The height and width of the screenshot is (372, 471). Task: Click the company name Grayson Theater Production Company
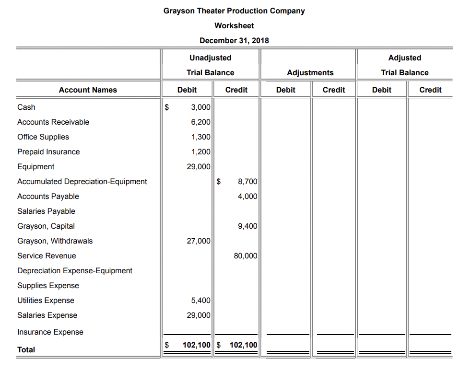click(x=234, y=11)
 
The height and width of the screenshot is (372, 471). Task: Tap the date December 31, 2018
click(x=234, y=40)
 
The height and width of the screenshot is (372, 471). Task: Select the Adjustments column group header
click(x=310, y=73)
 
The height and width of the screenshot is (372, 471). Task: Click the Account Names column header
click(x=88, y=90)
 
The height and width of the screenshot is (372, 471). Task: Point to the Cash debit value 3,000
click(x=200, y=107)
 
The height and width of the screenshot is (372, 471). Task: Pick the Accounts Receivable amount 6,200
click(x=200, y=122)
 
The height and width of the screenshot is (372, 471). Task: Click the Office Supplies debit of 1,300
click(x=200, y=137)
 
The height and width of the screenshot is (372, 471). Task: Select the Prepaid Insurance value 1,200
click(x=200, y=152)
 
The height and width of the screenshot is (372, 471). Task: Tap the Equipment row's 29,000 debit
click(x=199, y=167)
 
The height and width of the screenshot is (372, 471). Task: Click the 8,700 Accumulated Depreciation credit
click(x=247, y=182)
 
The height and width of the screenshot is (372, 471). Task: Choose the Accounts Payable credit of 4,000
click(x=247, y=197)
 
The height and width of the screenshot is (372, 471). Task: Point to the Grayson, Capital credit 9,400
click(x=247, y=226)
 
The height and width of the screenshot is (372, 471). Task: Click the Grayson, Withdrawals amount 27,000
click(x=199, y=241)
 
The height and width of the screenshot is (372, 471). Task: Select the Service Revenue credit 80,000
click(x=246, y=256)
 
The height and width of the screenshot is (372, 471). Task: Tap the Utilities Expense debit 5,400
click(x=200, y=301)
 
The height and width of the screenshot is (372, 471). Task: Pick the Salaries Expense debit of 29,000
click(x=199, y=315)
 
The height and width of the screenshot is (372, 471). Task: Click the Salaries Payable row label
click(x=46, y=211)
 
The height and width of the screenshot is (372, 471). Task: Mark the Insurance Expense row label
click(x=50, y=332)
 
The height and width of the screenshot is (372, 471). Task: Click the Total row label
click(x=26, y=350)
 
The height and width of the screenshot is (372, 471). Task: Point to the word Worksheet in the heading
click(x=234, y=25)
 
